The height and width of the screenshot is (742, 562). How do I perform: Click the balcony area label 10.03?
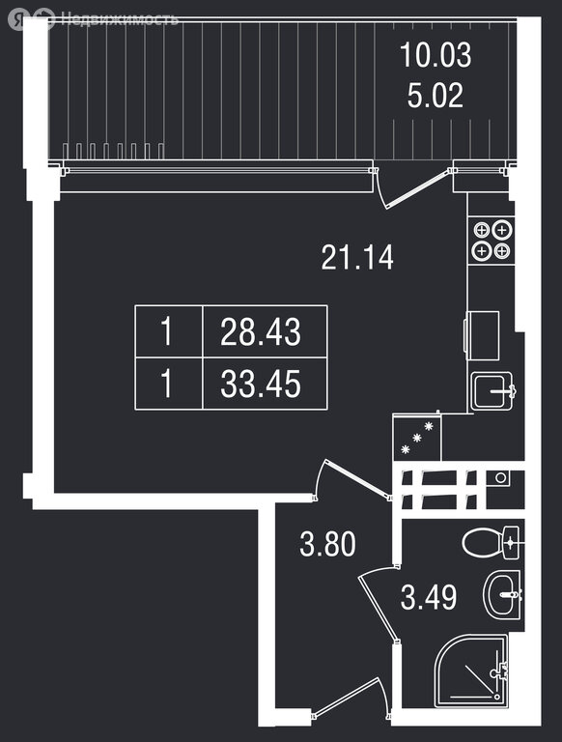[x=436, y=55]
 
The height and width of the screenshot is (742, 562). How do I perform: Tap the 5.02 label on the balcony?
[x=436, y=95]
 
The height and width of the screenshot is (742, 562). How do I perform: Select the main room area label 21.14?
[x=357, y=257]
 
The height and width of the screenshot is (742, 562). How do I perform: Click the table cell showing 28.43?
[x=265, y=331]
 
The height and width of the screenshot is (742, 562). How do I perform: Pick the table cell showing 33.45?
[x=265, y=384]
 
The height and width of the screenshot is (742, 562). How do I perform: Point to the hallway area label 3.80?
[x=327, y=544]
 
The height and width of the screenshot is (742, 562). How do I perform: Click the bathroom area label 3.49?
[x=429, y=597]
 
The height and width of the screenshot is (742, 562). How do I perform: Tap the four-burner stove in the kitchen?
[x=492, y=241]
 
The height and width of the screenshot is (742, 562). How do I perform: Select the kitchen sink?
[x=492, y=391]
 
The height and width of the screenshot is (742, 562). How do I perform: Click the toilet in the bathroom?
[x=491, y=542]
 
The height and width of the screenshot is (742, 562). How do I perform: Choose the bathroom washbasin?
[x=502, y=594]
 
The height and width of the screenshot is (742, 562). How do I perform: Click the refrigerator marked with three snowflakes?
[x=417, y=438]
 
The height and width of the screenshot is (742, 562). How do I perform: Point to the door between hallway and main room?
[x=352, y=479]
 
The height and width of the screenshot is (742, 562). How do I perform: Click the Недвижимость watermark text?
[x=120, y=19]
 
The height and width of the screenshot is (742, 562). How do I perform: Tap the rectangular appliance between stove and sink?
[x=482, y=335]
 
